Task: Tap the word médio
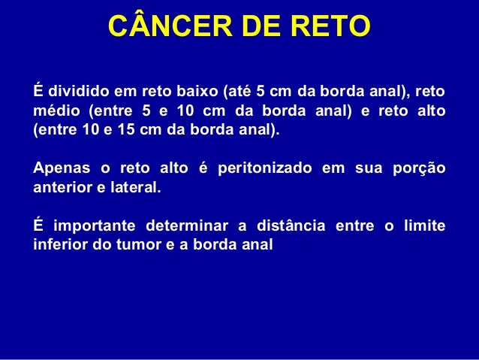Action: (x=56, y=110)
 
